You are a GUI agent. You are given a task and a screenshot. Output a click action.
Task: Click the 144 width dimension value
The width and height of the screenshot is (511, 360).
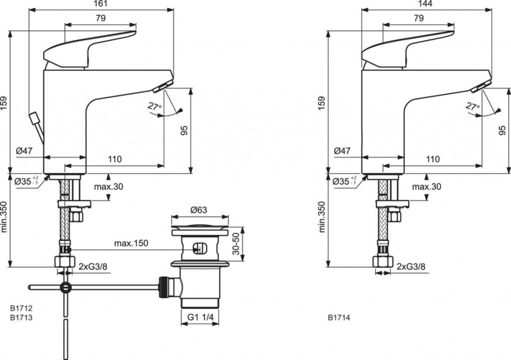[426, 4]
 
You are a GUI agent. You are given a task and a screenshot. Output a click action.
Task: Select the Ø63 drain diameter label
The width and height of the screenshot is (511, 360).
[199, 210]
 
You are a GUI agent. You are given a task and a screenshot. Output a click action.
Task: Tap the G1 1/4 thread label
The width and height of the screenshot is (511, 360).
[200, 317]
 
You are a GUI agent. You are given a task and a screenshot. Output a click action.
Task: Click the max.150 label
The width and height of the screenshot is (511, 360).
[131, 243]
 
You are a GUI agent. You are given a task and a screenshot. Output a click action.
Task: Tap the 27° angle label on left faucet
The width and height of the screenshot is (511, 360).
[155, 106]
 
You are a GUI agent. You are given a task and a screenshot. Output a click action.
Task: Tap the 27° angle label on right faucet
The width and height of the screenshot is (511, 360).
[473, 106]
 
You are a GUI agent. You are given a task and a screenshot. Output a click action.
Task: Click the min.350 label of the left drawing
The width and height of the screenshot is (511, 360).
[4, 216]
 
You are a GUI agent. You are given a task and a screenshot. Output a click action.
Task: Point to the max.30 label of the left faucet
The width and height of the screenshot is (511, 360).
[108, 186]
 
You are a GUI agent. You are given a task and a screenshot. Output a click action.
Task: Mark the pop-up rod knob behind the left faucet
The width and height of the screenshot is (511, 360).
[33, 118]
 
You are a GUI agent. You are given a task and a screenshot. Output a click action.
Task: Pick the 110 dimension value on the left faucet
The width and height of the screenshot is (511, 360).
[114, 159]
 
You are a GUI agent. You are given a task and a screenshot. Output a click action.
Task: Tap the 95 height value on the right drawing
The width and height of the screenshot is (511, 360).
[502, 131]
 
